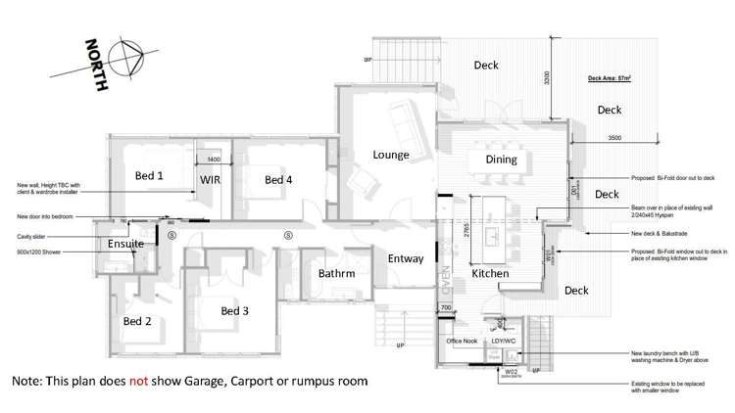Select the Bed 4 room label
pos(278,180)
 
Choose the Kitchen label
pos(490,275)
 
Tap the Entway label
pos(406,259)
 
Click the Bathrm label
pos(336,274)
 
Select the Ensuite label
pos(125,244)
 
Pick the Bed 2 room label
pos(137,321)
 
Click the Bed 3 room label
pos(235,311)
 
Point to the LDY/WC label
pos(514,341)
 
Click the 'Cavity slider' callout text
pos(32,235)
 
